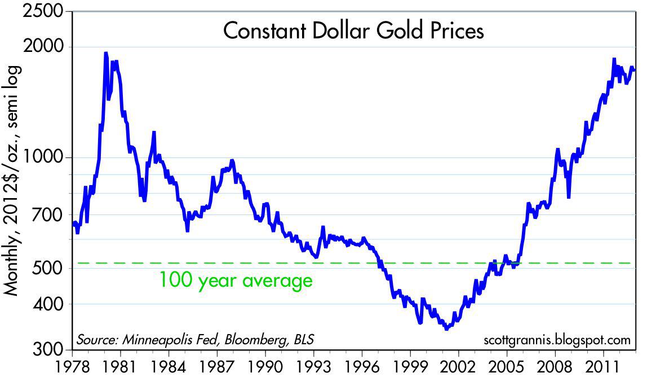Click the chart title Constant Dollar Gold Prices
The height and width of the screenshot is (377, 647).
pos(353,31)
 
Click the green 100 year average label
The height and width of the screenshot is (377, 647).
pos(236,280)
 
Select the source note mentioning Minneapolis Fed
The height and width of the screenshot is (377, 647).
pos(195,340)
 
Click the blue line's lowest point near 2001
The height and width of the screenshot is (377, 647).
pos(446,328)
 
